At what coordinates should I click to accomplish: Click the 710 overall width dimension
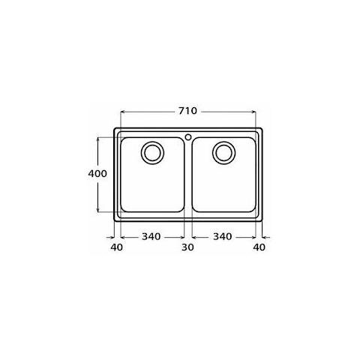coord(187,111)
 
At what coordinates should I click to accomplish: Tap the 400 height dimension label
coord(97,173)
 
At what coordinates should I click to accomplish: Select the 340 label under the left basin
coord(151,236)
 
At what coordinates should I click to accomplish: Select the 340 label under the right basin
coord(223,236)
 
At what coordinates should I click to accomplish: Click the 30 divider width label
coord(187,247)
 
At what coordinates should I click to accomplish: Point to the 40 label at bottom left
coord(117,247)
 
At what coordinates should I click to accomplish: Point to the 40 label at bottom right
coord(259,247)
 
